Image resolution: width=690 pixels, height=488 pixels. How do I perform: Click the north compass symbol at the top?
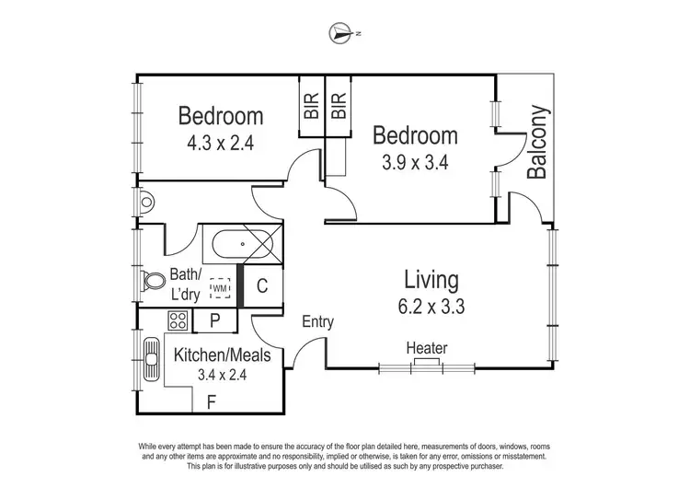(341, 34)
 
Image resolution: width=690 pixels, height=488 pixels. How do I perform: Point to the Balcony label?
(538, 143)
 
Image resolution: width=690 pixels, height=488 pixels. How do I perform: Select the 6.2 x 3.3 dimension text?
(431, 307)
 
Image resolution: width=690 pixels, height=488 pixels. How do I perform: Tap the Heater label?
(426, 348)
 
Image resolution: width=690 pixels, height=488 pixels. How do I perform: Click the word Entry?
(317, 322)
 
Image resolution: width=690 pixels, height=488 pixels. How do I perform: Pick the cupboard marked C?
(262, 285)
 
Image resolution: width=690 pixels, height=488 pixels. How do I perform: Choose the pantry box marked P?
(214, 320)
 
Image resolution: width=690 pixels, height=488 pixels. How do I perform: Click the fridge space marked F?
(212, 401)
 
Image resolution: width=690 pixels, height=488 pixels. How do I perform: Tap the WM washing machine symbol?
(220, 289)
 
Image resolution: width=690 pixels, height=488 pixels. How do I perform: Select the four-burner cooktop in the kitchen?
(177, 320)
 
